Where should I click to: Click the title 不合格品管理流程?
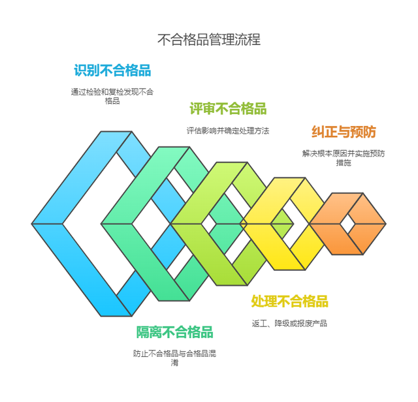[209, 39]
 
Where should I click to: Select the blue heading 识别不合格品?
[112, 70]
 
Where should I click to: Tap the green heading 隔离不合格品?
[174, 332]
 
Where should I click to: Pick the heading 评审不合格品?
[228, 108]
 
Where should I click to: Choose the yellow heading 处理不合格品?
[289, 301]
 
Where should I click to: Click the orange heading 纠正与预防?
[344, 132]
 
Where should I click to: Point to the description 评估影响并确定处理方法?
[228, 131]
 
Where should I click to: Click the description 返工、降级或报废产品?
[289, 324]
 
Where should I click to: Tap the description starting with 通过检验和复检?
[112, 96]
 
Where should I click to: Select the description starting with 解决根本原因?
[344, 158]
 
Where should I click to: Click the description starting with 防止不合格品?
[174, 358]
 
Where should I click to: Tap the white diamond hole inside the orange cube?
[347, 224]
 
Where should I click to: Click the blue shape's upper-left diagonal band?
[82, 178]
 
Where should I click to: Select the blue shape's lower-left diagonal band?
[82, 270]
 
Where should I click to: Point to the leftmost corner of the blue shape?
[32, 224]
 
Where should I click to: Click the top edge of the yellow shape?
[290, 178]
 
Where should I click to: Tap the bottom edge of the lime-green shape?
[232, 285]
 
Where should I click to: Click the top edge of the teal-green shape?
[174, 147]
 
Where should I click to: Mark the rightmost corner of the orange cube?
[386, 224]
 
